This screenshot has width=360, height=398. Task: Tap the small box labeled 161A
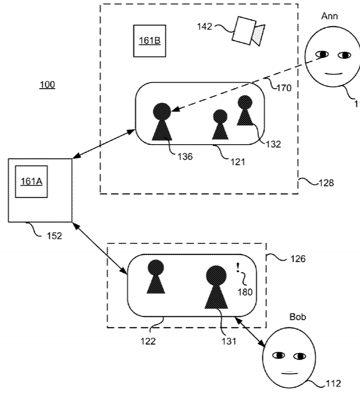pos(31,181)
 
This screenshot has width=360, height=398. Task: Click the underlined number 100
pos(47,85)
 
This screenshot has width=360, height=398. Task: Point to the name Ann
pos(329,16)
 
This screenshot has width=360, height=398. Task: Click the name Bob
pos(297,317)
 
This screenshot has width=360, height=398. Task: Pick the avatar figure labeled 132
pos(245,111)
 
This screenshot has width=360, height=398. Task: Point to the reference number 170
pos(284,88)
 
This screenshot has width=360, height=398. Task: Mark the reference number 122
pos(148,341)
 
